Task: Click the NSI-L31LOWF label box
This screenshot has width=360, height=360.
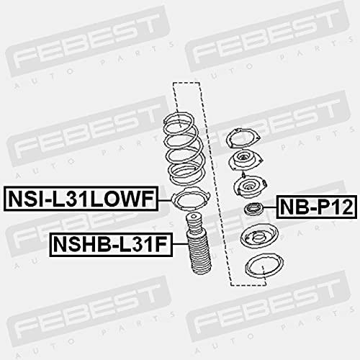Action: tap(81, 199)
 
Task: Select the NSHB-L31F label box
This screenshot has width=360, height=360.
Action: tap(111, 245)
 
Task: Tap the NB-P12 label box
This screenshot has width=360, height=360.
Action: tap(317, 207)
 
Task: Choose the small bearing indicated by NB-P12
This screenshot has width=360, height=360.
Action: tap(253, 208)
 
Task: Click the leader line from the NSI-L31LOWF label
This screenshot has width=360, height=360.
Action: tap(166, 200)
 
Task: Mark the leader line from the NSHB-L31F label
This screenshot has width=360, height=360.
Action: tap(180, 244)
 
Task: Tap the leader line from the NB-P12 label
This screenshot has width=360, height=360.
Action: tap(270, 207)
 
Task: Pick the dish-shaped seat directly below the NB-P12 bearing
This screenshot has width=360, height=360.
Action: tap(259, 235)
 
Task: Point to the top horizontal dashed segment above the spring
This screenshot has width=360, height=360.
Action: tap(186, 83)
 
